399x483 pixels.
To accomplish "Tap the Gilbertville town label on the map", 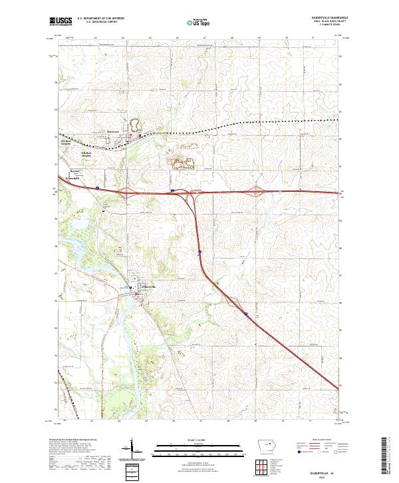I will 149,286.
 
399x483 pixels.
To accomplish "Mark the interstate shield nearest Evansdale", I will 97,188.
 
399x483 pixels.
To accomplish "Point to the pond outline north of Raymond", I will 134,125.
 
